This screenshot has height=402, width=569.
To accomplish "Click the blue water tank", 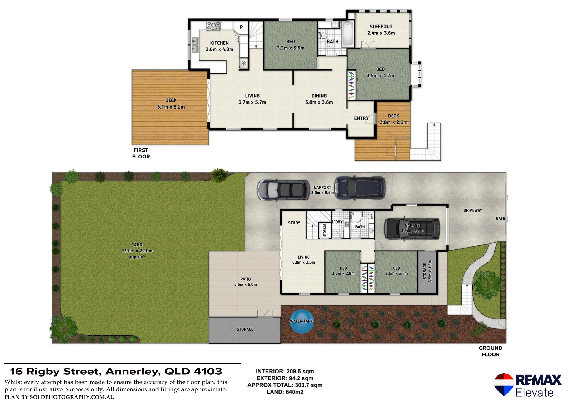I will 301,321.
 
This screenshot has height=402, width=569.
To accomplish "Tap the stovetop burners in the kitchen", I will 214,26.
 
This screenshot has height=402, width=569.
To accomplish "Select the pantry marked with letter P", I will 241,27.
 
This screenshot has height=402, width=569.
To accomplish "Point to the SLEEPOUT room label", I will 381,27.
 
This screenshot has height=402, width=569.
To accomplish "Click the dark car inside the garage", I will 412,229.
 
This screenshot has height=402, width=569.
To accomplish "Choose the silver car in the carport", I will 283,190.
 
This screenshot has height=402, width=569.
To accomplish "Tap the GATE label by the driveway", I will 500,218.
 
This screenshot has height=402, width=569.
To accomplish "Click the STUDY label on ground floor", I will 294,223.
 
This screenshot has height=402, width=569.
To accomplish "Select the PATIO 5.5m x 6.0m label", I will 245,282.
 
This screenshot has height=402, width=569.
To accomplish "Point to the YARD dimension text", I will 137,251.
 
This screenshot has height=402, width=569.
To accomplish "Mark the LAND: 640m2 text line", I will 285,392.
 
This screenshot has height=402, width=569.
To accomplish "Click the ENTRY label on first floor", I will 361,118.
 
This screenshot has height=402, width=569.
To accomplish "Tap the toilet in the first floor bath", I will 323,35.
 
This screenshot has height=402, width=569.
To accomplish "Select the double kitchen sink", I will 195,45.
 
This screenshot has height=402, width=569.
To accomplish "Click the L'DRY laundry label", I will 337,222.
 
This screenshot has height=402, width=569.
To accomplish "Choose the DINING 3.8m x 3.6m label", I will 319,99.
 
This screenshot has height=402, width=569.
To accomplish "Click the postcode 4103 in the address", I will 208,372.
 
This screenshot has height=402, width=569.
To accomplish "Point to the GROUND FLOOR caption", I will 490,351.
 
